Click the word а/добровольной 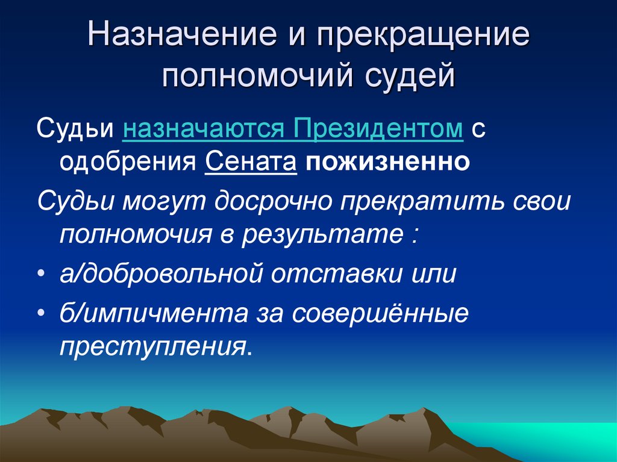coord(163,274)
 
